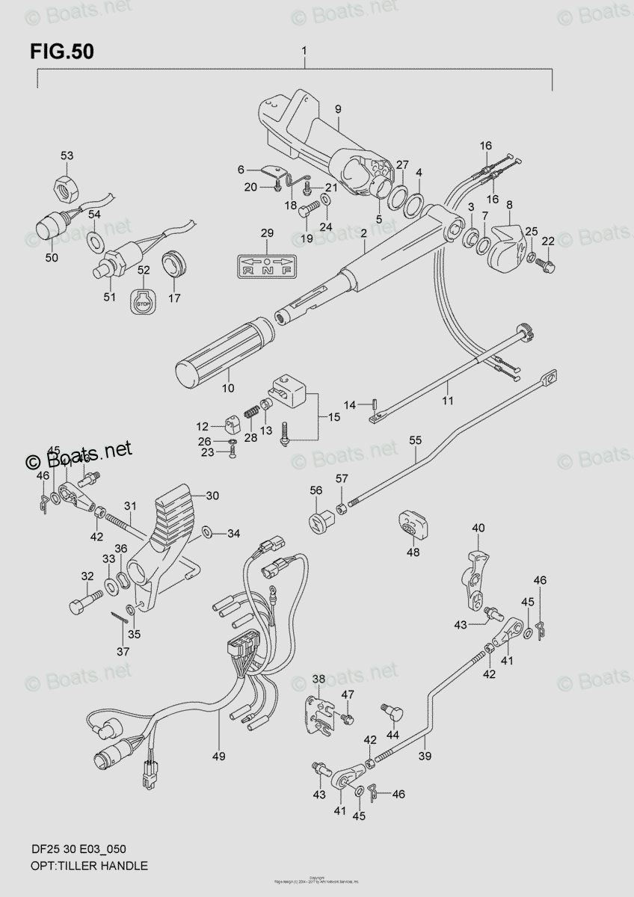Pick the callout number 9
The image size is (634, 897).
(x=337, y=110)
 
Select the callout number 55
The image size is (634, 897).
(x=415, y=442)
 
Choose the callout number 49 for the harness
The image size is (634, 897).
(x=218, y=756)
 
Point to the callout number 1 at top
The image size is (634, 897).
(x=304, y=51)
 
